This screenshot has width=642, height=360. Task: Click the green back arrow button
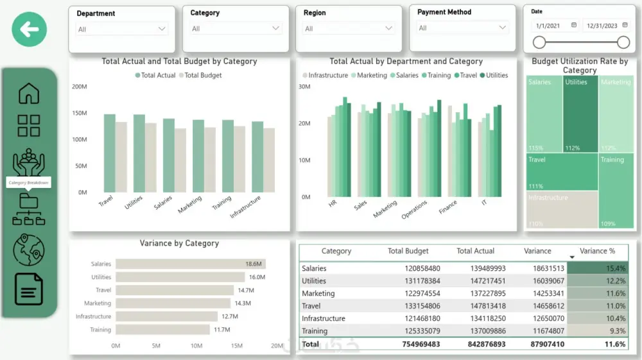29,29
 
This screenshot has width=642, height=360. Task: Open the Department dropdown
122,29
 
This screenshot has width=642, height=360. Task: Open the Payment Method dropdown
463,28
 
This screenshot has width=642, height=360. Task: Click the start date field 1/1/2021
554,26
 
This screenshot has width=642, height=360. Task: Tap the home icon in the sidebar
29,94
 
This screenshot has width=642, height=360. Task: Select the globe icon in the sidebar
29,250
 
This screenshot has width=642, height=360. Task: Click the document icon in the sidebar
29,289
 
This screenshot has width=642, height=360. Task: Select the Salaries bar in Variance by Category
190,264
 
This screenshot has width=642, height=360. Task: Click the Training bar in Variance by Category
162,330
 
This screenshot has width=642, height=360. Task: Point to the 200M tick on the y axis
79,87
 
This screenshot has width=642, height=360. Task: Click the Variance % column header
597,251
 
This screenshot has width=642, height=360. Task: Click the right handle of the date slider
623,42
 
